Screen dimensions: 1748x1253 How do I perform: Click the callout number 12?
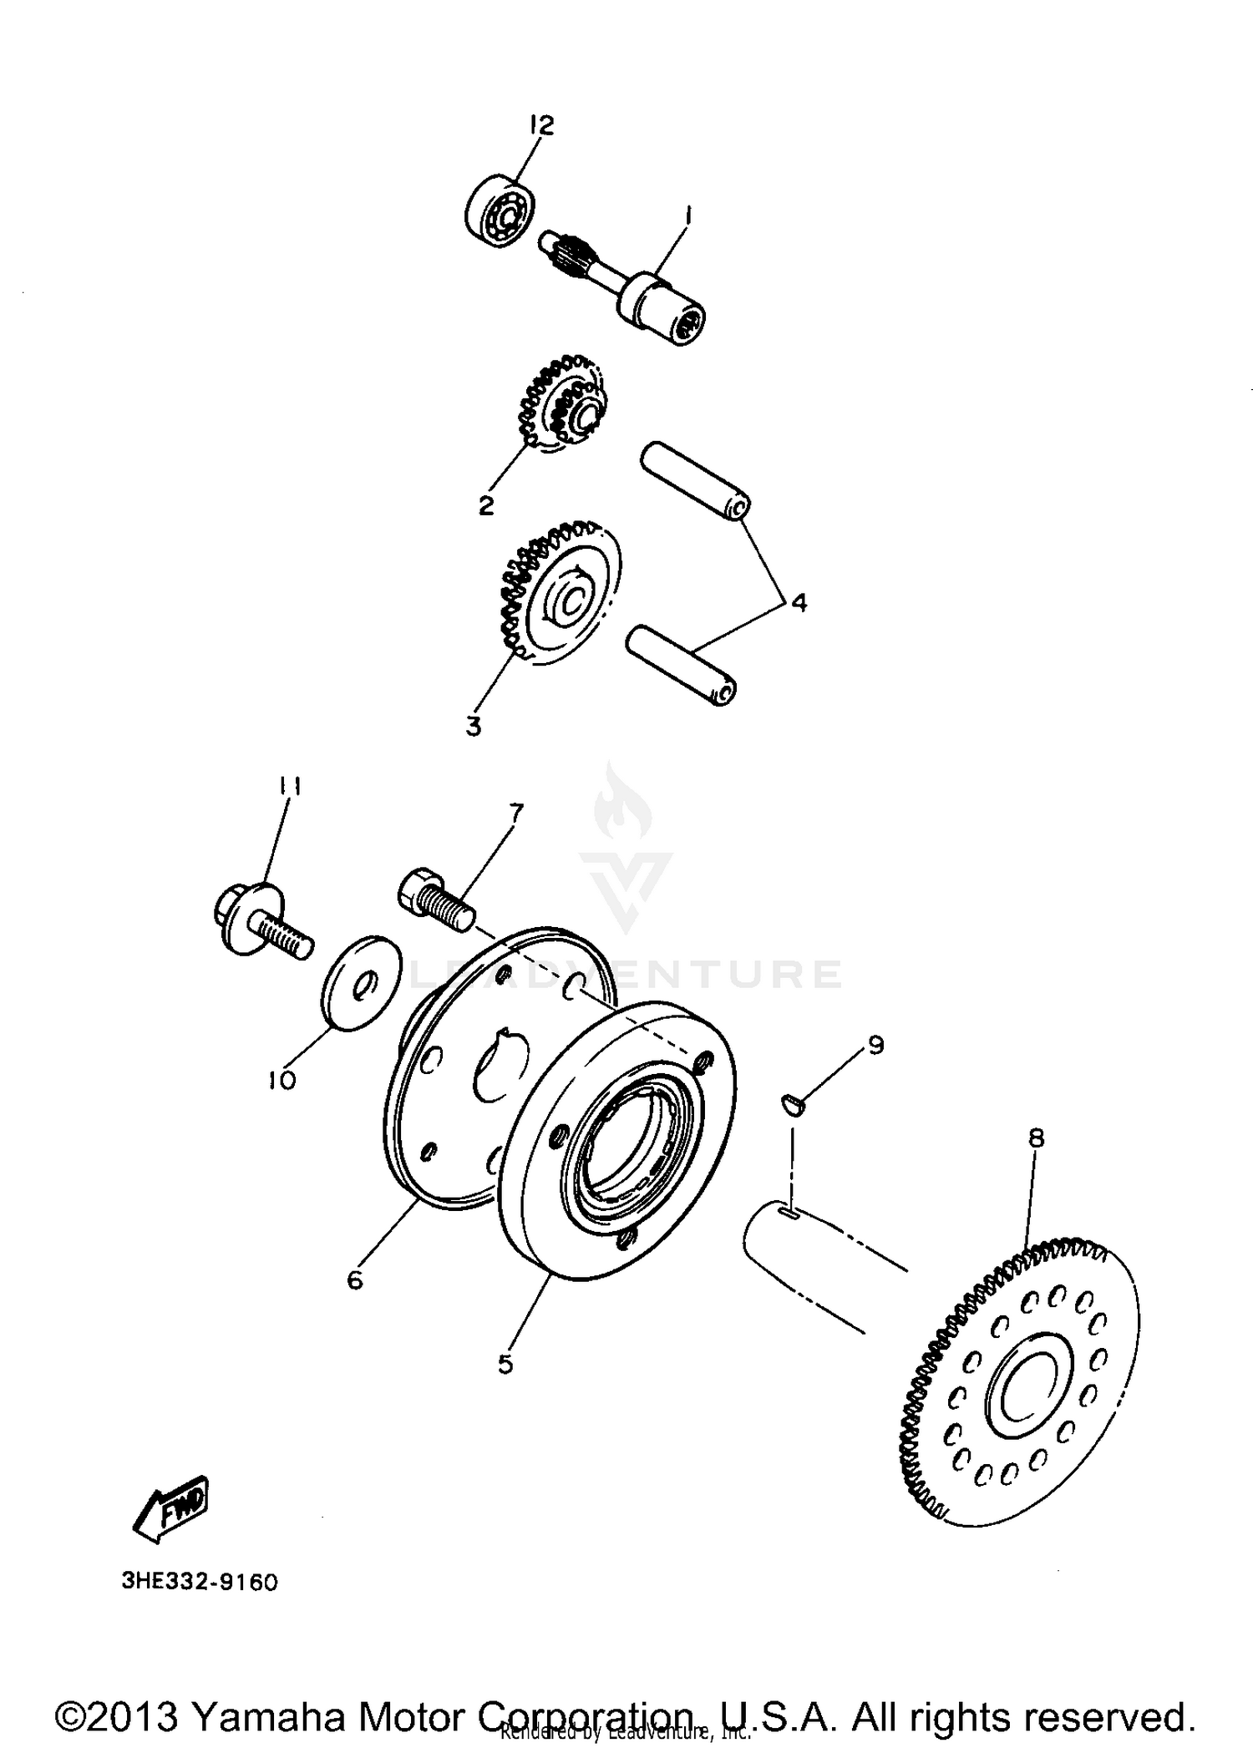(541, 125)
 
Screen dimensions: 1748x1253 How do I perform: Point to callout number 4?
(799, 602)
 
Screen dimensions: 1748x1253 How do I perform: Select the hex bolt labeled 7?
(434, 900)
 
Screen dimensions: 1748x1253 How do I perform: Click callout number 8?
(1036, 1139)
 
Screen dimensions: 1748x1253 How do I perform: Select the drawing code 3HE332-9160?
(200, 1582)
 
